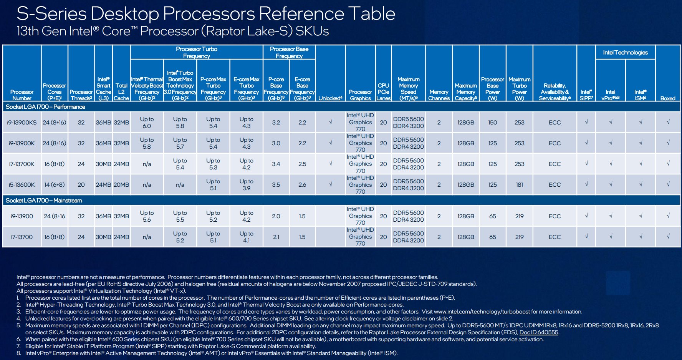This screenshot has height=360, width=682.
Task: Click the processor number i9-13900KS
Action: coord(22,123)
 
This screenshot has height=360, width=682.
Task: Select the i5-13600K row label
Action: coord(22,185)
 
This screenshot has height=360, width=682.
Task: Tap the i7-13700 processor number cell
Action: coord(22,237)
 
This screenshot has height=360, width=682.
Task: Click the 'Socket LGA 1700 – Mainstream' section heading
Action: coord(44,201)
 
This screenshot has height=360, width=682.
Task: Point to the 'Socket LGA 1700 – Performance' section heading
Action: coord(45,107)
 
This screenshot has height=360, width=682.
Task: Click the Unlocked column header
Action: coord(330,98)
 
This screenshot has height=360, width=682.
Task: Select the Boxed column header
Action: coord(668,98)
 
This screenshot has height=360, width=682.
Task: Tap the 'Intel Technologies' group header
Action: coord(625,53)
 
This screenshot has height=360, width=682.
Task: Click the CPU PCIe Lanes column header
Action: coord(383,92)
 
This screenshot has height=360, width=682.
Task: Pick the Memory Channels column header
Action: coord(439,95)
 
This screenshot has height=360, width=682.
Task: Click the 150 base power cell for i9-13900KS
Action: coord(493,123)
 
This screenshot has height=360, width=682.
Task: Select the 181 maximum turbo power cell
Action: coord(520,185)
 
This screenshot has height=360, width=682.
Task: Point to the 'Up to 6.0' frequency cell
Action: coord(147,123)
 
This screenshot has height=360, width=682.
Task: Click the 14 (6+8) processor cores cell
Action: coord(55,185)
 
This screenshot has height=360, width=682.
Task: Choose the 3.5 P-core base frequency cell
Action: coord(276,185)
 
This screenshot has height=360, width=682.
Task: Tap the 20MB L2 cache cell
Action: coord(121,185)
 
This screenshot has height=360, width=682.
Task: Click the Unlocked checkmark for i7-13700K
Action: coord(330,164)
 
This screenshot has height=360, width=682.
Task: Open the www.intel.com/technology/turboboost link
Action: coord(482,312)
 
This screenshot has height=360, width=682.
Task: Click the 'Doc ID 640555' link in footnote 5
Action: coord(539,332)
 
